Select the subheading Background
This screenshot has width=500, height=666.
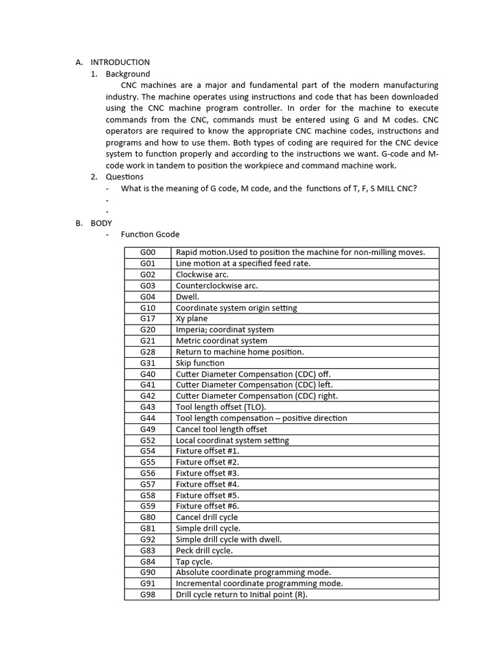coord(128,74)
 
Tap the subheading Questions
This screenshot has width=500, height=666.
coord(124,176)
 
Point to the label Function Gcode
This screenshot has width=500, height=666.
coord(150,234)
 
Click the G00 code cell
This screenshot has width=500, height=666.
coord(148,252)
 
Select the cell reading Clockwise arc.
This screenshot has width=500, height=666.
coord(202,274)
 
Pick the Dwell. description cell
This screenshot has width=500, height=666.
coord(187,297)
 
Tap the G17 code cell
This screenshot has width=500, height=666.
coord(148,319)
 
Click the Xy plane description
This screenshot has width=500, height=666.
coord(192,319)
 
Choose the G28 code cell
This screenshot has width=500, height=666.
coord(148,352)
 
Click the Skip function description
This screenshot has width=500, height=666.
coord(200,363)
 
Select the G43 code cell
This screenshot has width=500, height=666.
coord(148,406)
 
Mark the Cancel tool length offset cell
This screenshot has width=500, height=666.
coord(221,429)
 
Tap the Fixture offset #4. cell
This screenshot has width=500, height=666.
coord(208,484)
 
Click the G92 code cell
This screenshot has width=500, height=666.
coord(148,539)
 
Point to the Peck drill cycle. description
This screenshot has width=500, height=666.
coord(204,550)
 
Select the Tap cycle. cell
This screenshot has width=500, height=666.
coord(194,561)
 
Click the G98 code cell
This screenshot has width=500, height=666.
coord(148,594)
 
